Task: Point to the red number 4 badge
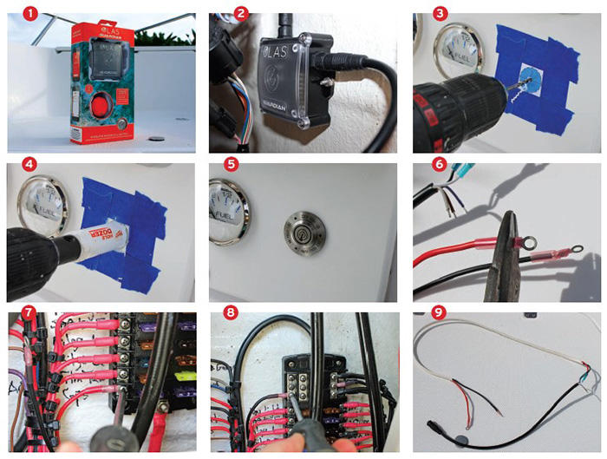25,165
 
